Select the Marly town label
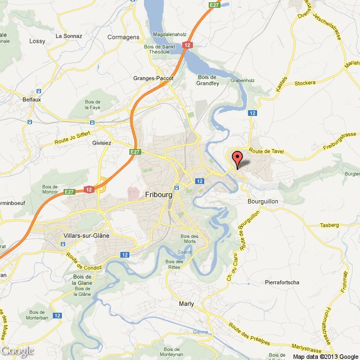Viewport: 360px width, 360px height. [186, 304]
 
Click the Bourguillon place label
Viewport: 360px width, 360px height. [263, 201]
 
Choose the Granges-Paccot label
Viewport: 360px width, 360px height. [153, 78]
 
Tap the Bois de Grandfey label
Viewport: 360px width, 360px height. [208, 80]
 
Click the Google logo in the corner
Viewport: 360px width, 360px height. [17, 351]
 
